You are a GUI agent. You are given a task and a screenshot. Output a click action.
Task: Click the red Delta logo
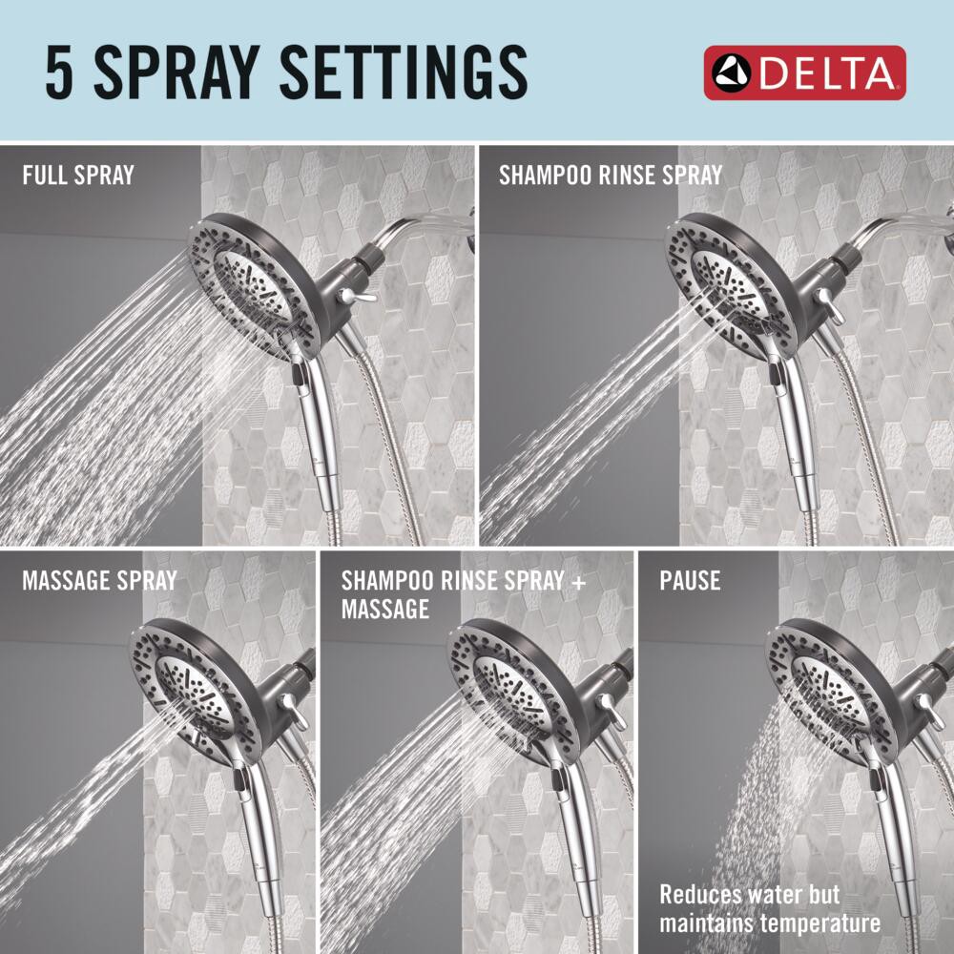point(804,73)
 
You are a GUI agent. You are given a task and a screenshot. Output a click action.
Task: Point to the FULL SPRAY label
point(78,176)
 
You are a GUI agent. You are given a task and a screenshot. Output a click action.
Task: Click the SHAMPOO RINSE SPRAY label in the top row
point(611,176)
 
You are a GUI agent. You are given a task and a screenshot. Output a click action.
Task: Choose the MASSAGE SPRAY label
point(99,580)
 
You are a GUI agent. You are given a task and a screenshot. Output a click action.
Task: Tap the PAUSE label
point(690,580)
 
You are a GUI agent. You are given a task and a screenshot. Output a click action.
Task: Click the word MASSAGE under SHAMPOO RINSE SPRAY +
point(385,609)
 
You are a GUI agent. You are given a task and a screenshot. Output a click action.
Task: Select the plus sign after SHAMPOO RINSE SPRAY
point(579,581)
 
